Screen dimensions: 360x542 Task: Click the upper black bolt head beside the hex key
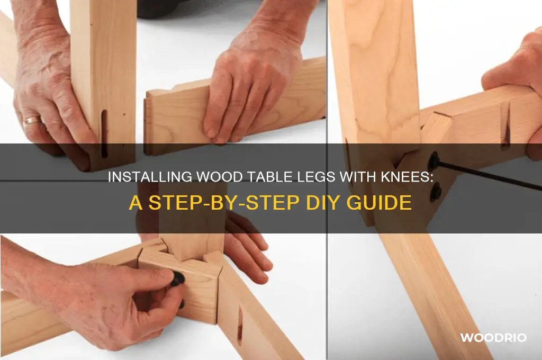[x=434, y=159]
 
